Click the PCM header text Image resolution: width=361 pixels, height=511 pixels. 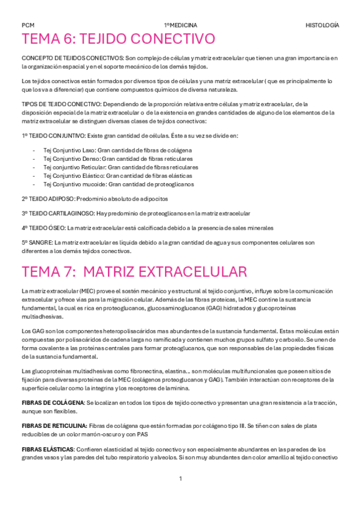28,25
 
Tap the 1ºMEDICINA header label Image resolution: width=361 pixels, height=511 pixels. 180,25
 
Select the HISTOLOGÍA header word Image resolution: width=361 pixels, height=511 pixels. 322,25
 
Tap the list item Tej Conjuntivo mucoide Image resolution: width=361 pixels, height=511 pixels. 74,184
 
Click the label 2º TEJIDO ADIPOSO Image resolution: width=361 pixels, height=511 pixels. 48,198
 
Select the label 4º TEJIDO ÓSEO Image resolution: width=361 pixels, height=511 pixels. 43,228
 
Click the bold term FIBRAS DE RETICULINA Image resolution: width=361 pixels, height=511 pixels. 54,425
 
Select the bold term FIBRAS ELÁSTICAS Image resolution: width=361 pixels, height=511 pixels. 48,449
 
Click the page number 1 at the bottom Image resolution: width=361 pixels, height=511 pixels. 180,479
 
